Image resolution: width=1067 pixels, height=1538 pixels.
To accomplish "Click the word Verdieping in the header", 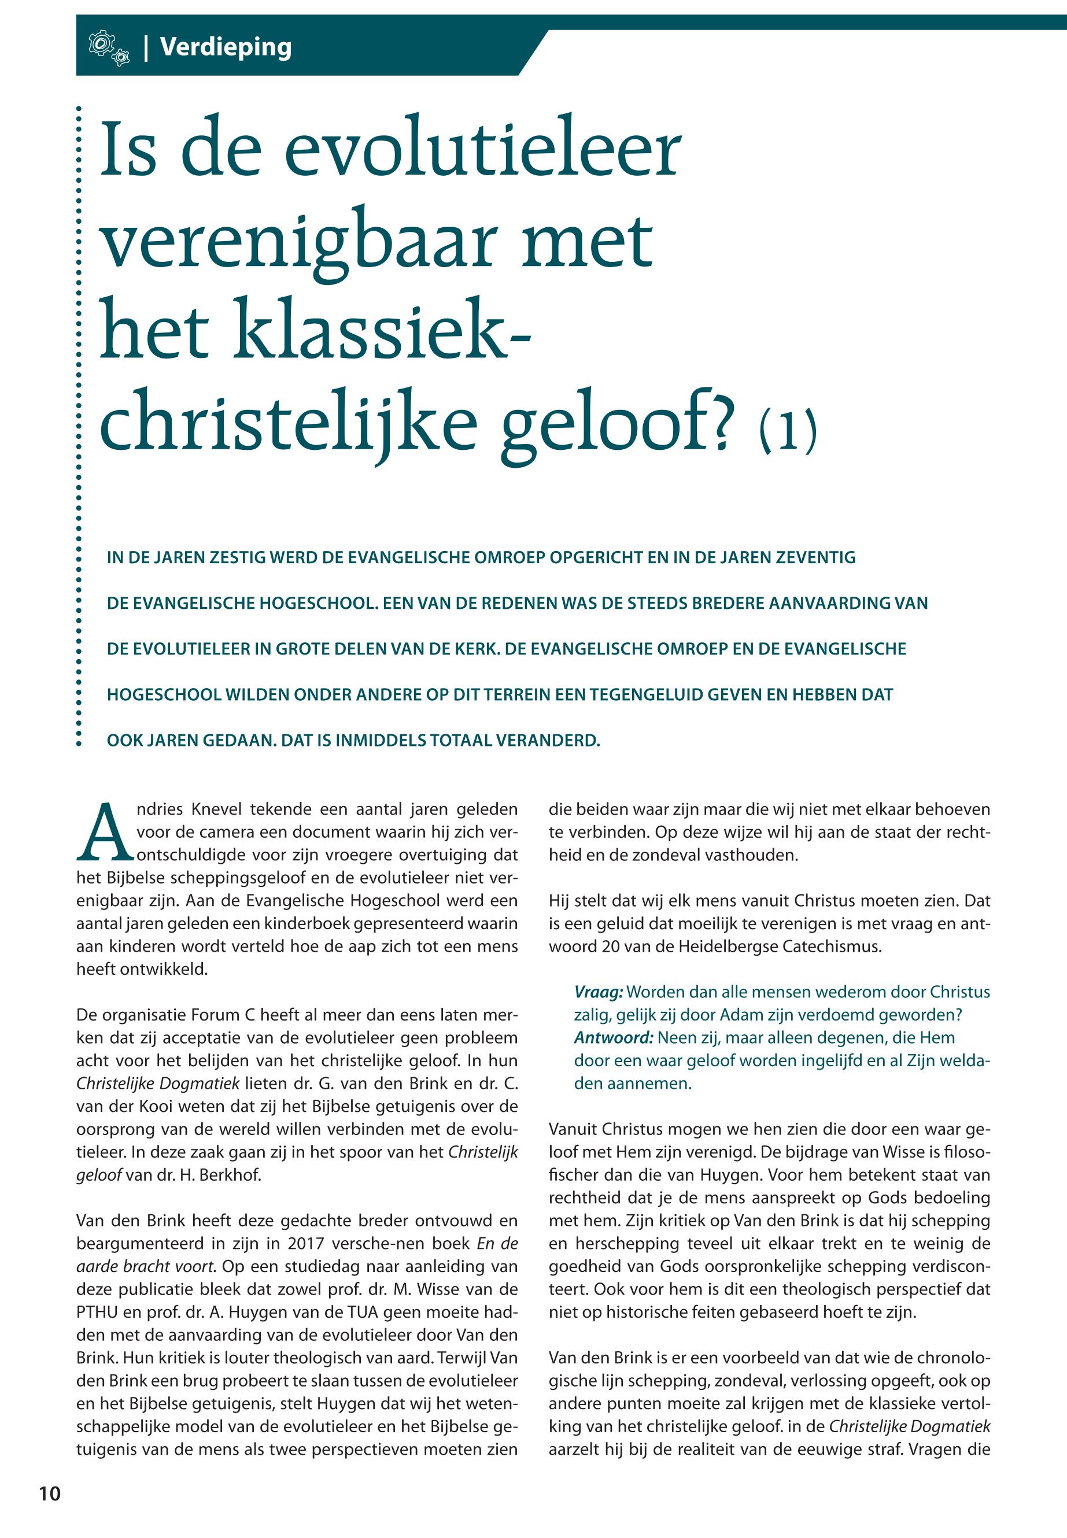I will coord(226,47).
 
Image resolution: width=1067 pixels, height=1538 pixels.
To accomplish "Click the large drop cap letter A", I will coord(104,832).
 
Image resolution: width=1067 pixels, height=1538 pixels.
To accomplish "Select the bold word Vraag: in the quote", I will coord(599,992).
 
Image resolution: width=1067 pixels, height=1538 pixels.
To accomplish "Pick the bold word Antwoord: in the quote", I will coord(613,1037).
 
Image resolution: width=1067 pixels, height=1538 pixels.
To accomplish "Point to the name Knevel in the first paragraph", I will coord(216,809).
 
